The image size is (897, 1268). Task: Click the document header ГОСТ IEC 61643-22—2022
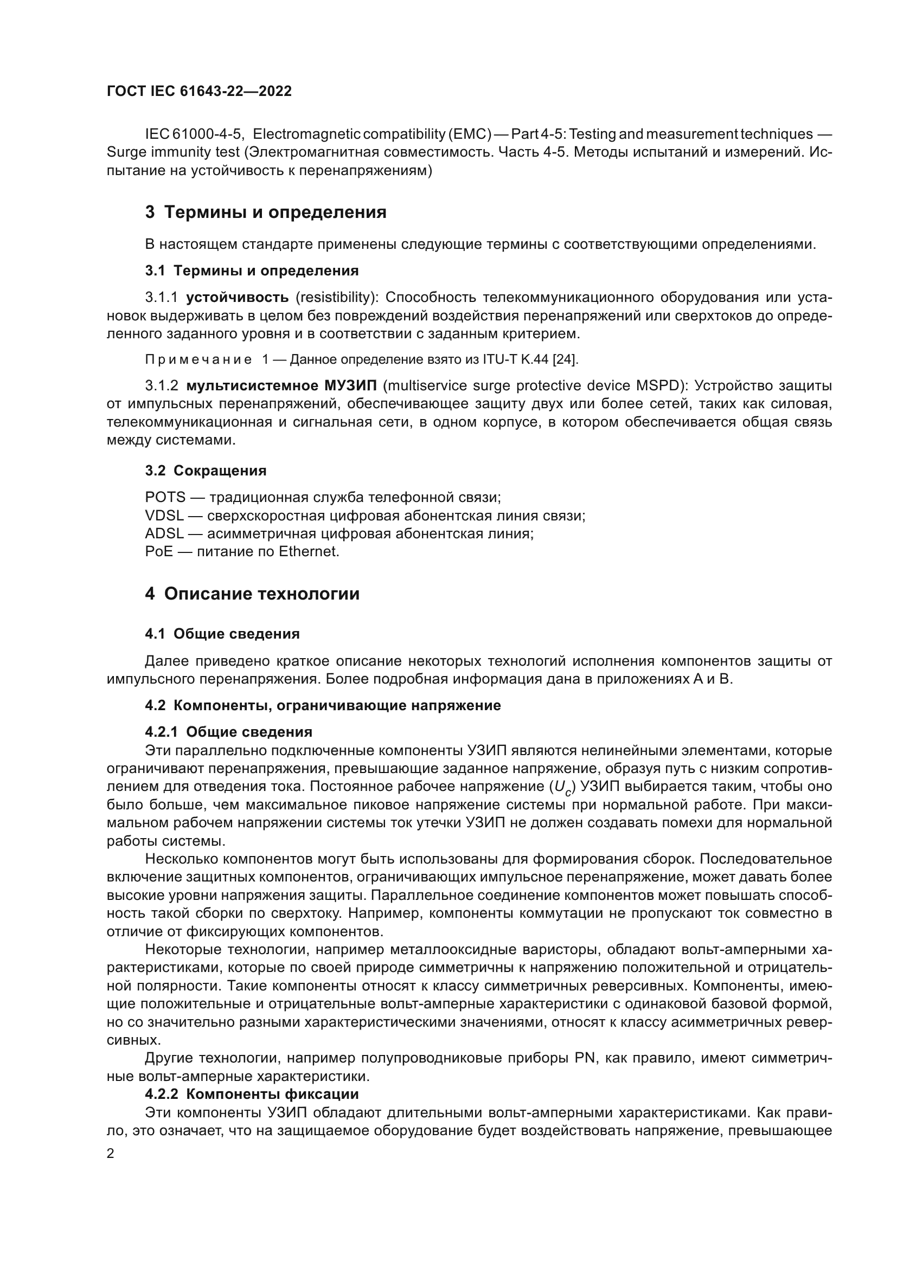tap(199, 91)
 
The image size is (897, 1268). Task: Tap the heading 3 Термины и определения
tap(266, 212)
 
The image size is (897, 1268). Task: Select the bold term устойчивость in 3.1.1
tap(237, 298)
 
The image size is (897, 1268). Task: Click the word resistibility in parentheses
tap(335, 298)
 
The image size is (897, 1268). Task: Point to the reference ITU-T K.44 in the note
tap(515, 359)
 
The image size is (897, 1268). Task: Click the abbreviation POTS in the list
tap(165, 498)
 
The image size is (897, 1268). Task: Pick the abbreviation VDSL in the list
tap(164, 516)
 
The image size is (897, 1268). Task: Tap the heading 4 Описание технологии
tap(252, 594)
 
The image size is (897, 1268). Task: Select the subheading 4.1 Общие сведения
tap(222, 634)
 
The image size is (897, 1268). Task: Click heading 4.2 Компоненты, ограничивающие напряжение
tap(323, 705)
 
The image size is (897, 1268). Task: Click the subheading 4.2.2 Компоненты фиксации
tap(251, 1094)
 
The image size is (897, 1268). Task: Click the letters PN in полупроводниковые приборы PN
tap(584, 1058)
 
